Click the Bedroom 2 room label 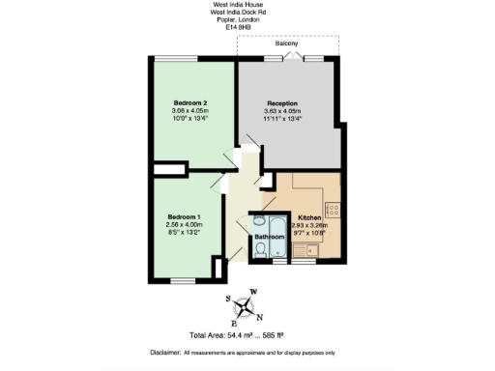(191, 102)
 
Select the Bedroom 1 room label (184, 216)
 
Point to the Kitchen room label (309, 218)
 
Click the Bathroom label (270, 236)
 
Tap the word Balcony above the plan (286, 44)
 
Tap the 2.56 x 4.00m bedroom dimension (184, 225)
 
